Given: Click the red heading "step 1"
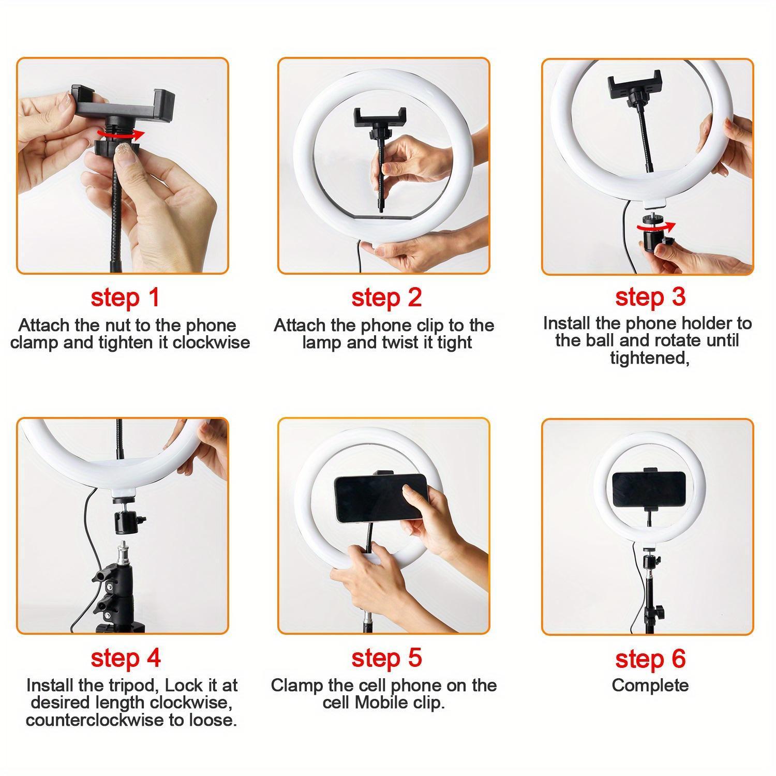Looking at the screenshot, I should (x=125, y=298).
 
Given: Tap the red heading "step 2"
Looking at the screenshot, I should (x=386, y=298).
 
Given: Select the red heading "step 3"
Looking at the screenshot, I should (x=650, y=297).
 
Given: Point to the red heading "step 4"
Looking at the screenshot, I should (x=125, y=658).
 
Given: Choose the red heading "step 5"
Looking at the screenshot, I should (x=386, y=658).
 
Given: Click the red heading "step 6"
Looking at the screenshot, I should (x=650, y=659).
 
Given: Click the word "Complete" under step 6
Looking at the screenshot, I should (x=650, y=685).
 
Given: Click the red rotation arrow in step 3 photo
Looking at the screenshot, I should (x=655, y=227).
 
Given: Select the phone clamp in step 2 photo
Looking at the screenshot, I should (x=380, y=118).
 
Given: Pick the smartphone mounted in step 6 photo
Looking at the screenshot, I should (x=649, y=490).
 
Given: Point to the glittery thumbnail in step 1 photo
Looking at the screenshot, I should (x=126, y=153).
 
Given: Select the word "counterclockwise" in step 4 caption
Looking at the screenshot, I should (x=96, y=720).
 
